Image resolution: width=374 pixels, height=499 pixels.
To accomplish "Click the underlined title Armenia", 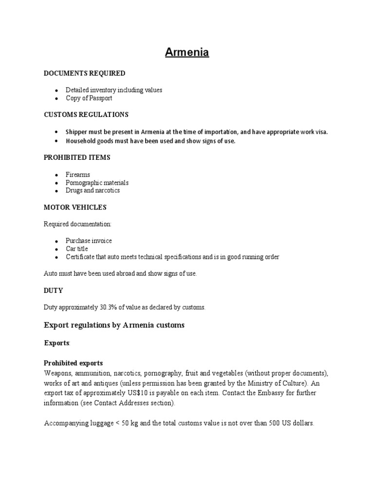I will pos(187,52).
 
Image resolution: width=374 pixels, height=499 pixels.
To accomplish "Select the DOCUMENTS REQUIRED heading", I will pos(84,73).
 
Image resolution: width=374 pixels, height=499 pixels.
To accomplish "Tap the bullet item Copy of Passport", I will pos(89,98).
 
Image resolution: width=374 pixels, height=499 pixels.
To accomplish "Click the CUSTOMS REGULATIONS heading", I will pos(86,115).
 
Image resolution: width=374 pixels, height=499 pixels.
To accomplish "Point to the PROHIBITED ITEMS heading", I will pos(77,158).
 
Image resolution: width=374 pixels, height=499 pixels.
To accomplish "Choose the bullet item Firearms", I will pos(78,174).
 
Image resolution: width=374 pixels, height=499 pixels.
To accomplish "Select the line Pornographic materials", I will pos(97,183).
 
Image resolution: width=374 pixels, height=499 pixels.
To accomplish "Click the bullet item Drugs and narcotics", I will pos(93,191).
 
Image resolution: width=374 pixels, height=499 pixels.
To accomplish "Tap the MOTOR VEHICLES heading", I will pos(75,207).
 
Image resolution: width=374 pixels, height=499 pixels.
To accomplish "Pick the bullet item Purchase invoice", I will pos(89,241).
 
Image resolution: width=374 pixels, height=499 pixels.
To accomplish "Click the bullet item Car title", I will pos(77,249).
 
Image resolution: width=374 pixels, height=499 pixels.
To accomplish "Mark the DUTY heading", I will pos(54,290).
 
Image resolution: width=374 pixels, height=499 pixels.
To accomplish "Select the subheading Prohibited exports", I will pos(74,363).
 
